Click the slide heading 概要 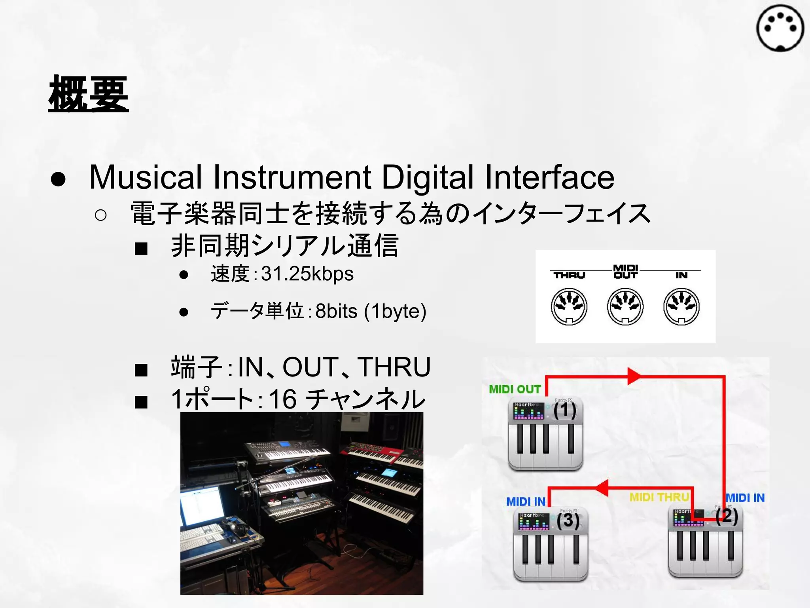(x=89, y=94)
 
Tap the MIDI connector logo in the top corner (x=780, y=28)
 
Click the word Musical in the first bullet (x=146, y=177)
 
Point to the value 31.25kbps (x=307, y=274)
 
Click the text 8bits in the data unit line (x=336, y=311)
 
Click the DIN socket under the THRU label (x=569, y=306)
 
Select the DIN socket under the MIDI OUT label (x=625, y=306)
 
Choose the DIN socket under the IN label (x=681, y=306)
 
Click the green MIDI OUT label (x=515, y=389)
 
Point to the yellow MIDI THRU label (x=659, y=497)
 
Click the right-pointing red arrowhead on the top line (x=634, y=376)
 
